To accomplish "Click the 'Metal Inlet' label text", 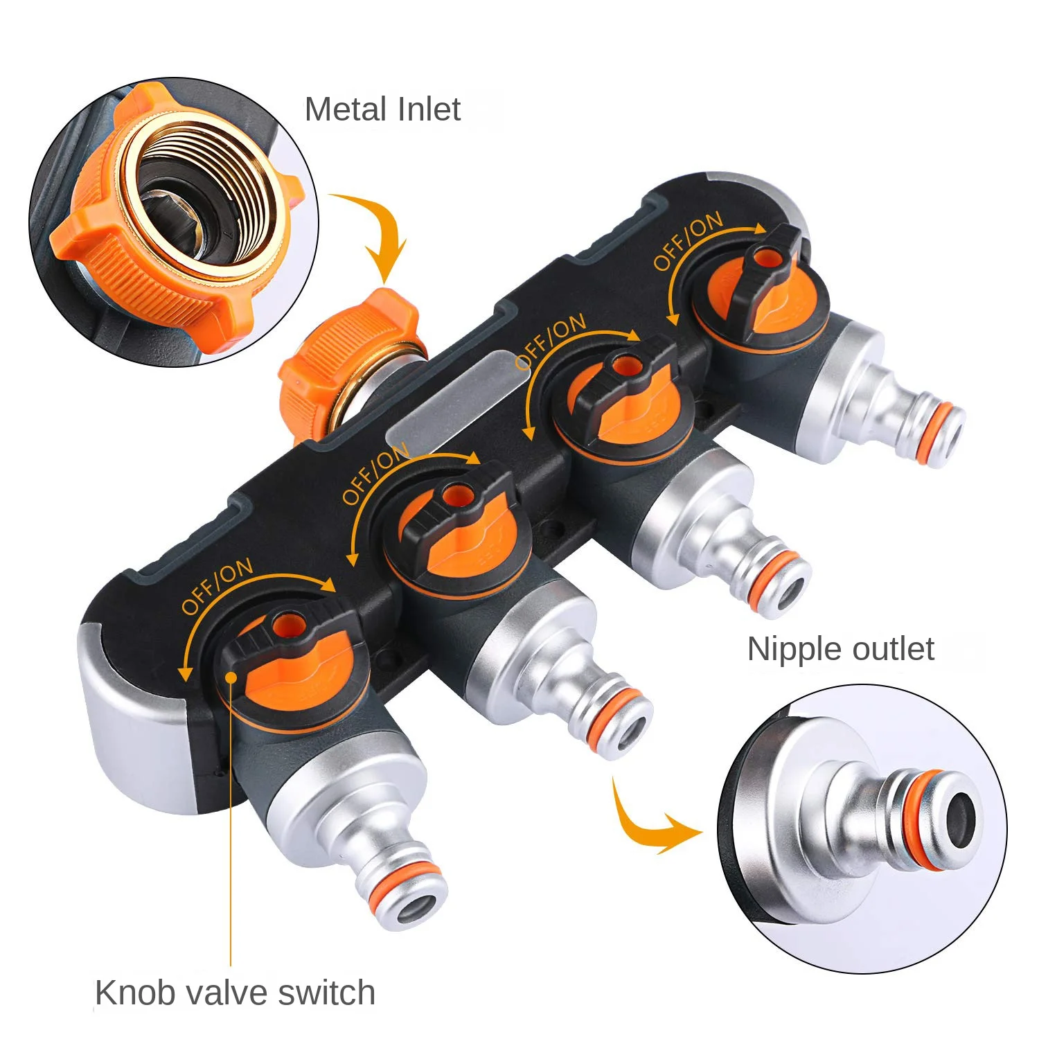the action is (x=382, y=109).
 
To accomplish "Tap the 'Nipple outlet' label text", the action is (x=840, y=649).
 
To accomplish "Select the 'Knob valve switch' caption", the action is (x=235, y=993).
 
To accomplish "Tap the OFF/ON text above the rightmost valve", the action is (x=688, y=241).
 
